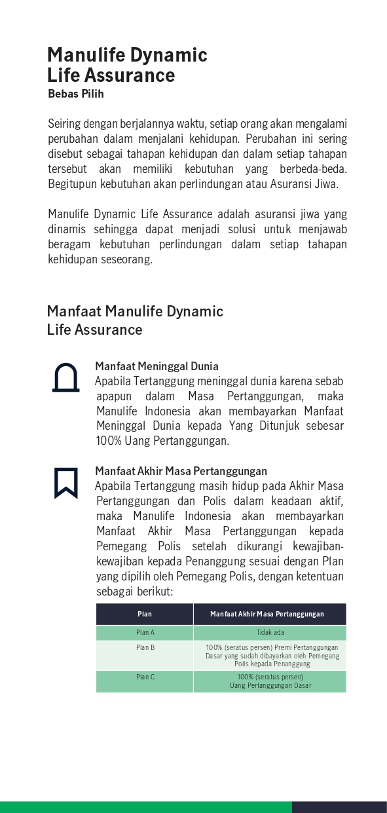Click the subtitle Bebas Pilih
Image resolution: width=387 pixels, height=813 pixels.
76,94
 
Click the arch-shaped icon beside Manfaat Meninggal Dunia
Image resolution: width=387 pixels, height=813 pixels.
65,378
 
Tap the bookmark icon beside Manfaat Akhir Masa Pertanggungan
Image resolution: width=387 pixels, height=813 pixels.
66,483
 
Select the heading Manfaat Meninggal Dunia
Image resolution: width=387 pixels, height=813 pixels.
157,366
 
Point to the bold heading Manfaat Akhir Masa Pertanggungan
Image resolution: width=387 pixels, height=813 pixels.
181,471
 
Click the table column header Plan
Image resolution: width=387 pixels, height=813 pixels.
145,614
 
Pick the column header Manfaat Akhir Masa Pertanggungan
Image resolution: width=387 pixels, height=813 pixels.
267,614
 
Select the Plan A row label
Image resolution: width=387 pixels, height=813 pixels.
145,633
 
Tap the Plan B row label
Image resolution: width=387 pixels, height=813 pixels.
145,647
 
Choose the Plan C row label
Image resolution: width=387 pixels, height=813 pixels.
145,677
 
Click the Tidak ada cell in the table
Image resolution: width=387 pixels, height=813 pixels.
270,633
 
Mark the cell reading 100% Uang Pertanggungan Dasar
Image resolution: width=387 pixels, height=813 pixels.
270,681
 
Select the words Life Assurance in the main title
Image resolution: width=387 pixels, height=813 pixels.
111,75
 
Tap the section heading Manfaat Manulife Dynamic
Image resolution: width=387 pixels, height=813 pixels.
135,311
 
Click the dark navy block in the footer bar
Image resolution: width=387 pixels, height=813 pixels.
339,807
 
